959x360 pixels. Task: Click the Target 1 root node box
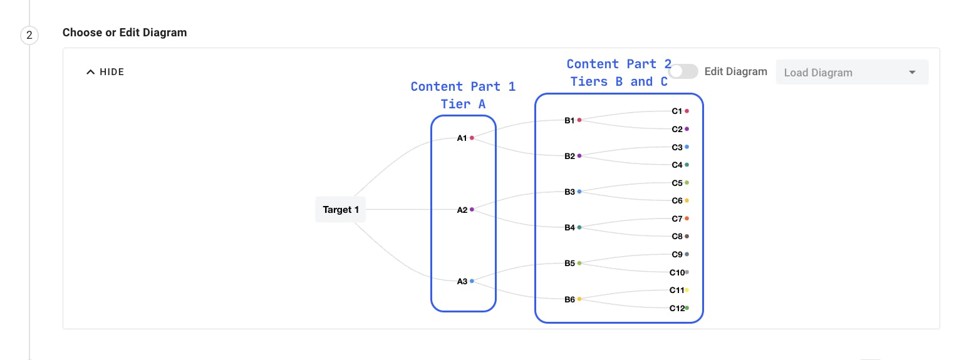[x=340, y=210]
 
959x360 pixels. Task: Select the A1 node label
[x=462, y=138]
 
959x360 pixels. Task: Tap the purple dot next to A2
[x=472, y=210]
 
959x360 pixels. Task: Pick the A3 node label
[x=462, y=281]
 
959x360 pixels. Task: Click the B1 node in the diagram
[x=569, y=120]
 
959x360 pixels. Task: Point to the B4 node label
[x=569, y=227]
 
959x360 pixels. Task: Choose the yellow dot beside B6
[x=579, y=299]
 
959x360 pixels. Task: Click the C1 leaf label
[x=676, y=111]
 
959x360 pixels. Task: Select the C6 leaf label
[x=676, y=201]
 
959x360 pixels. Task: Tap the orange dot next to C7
[x=687, y=219]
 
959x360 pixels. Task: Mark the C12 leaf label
[x=676, y=308]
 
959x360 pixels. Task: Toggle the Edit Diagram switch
[x=683, y=72]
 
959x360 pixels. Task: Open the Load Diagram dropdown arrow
[x=912, y=73]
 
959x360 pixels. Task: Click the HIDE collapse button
[x=105, y=72]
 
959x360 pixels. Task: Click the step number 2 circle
[x=29, y=36]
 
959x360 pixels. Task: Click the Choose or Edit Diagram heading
[x=125, y=33]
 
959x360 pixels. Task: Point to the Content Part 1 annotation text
[x=463, y=87]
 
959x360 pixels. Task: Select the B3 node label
[x=569, y=192]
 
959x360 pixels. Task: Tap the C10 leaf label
[x=676, y=272]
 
